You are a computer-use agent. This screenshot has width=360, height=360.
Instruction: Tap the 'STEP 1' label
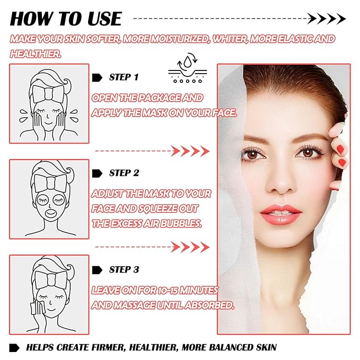(x=124, y=77)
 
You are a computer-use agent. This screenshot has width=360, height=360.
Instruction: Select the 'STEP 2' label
(x=124, y=173)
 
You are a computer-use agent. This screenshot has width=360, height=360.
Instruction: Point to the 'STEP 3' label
(x=124, y=270)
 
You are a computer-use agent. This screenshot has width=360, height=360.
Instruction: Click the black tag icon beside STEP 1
(x=98, y=77)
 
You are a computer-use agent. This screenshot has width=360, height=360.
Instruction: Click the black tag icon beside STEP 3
(x=98, y=270)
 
